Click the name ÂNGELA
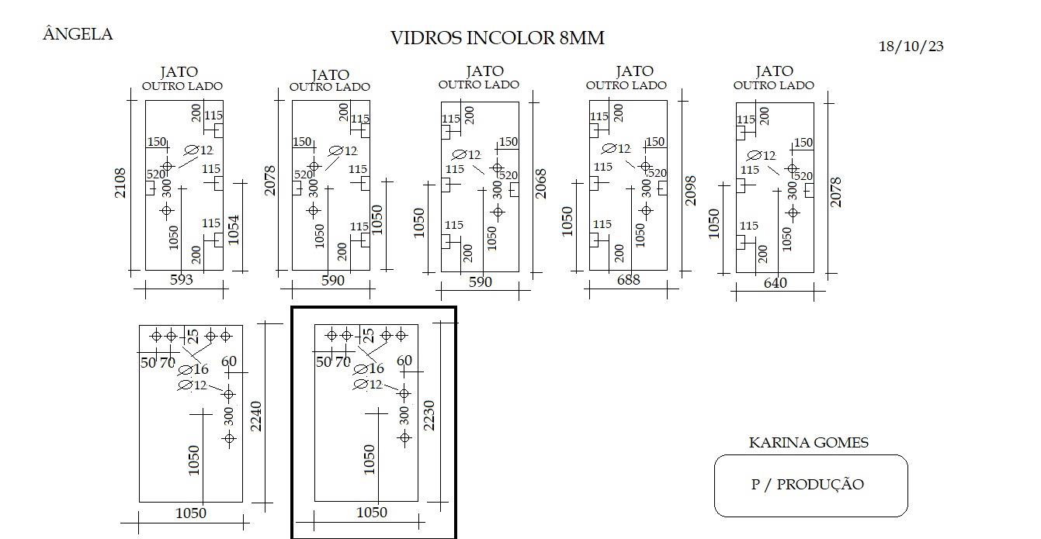(x=78, y=33)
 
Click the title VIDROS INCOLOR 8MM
(x=498, y=38)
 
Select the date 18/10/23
(x=911, y=47)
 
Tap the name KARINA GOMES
(x=809, y=442)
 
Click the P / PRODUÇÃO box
(x=811, y=485)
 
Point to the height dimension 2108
(x=120, y=183)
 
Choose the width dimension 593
(x=181, y=279)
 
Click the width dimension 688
(x=628, y=280)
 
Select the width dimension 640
(x=776, y=283)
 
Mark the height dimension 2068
(x=540, y=184)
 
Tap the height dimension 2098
(x=691, y=190)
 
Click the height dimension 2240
(x=256, y=416)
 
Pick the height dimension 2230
(x=429, y=416)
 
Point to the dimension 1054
(x=234, y=230)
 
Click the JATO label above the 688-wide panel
(x=635, y=71)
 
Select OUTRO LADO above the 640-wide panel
(x=774, y=85)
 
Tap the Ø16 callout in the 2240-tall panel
(x=193, y=370)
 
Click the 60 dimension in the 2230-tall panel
(x=404, y=361)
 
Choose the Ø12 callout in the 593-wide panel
(x=199, y=150)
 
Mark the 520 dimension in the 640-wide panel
(x=803, y=176)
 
